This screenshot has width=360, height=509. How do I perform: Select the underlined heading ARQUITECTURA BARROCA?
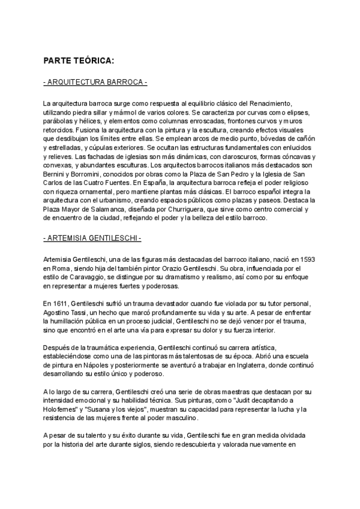(95, 82)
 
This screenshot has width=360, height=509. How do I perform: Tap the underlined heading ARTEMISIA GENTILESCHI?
(92, 239)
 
